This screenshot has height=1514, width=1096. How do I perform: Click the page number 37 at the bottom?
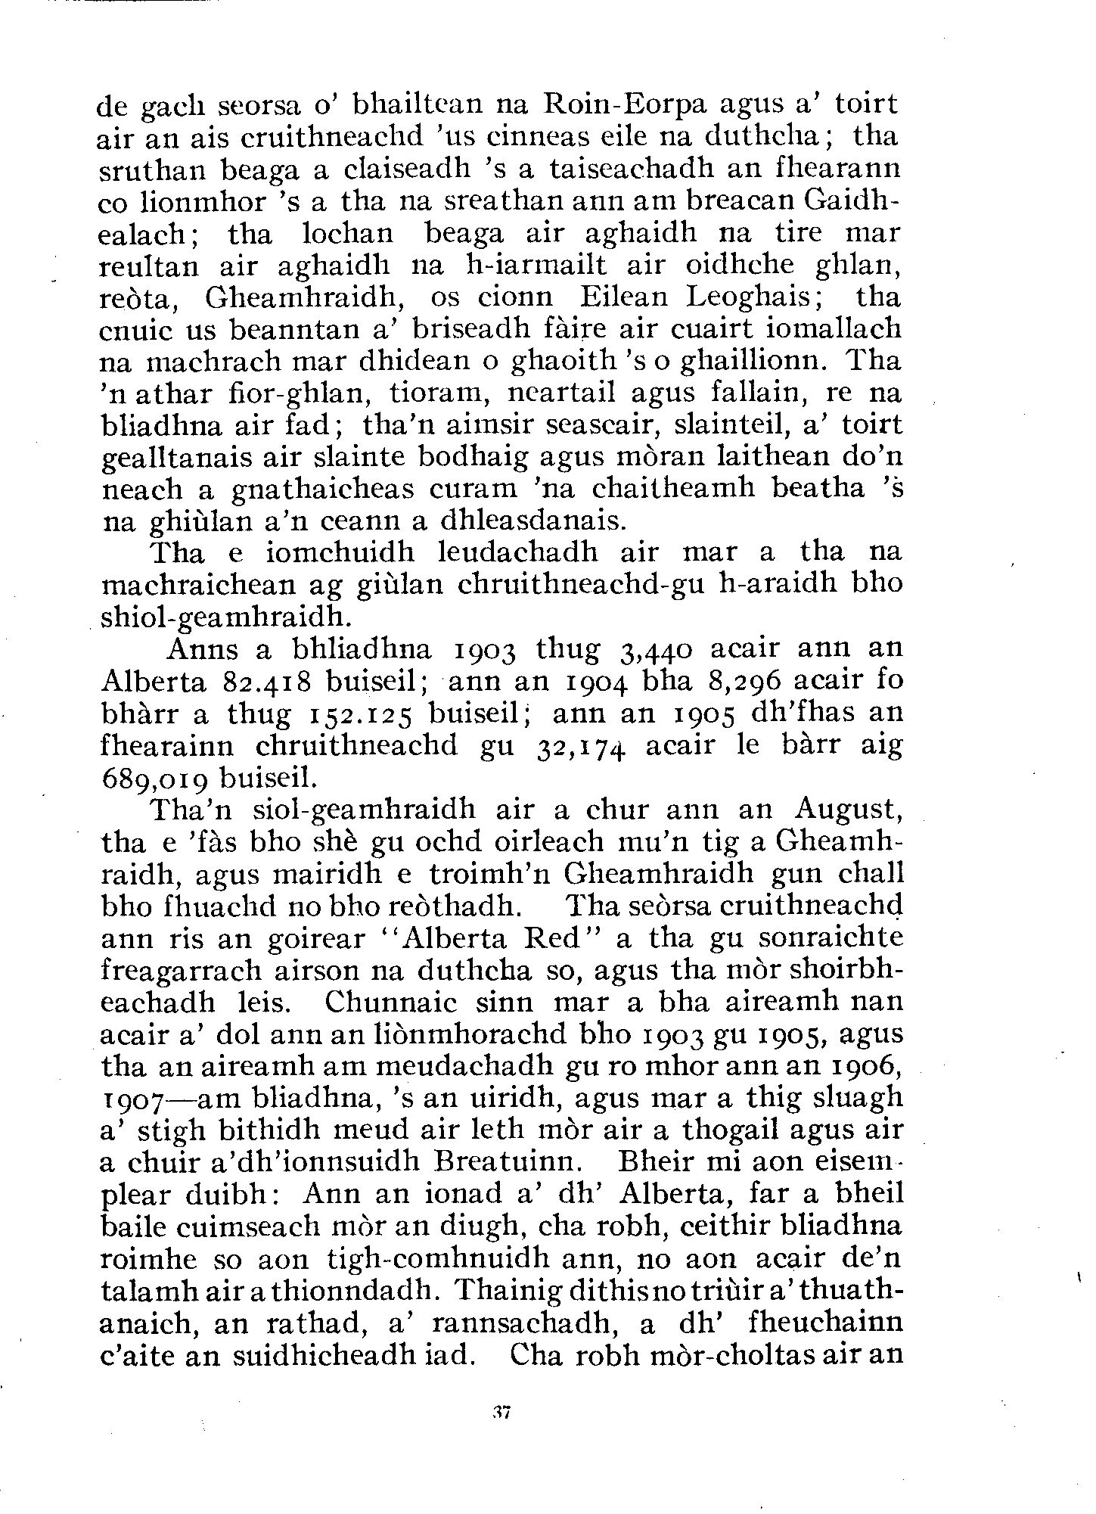click(x=500, y=1411)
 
